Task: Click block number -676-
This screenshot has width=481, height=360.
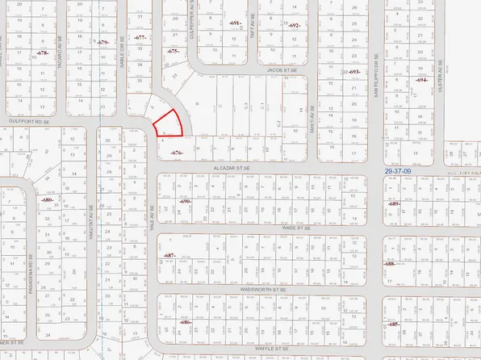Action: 178,152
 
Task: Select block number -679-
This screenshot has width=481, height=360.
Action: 102,43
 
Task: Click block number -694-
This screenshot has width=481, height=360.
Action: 421,80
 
